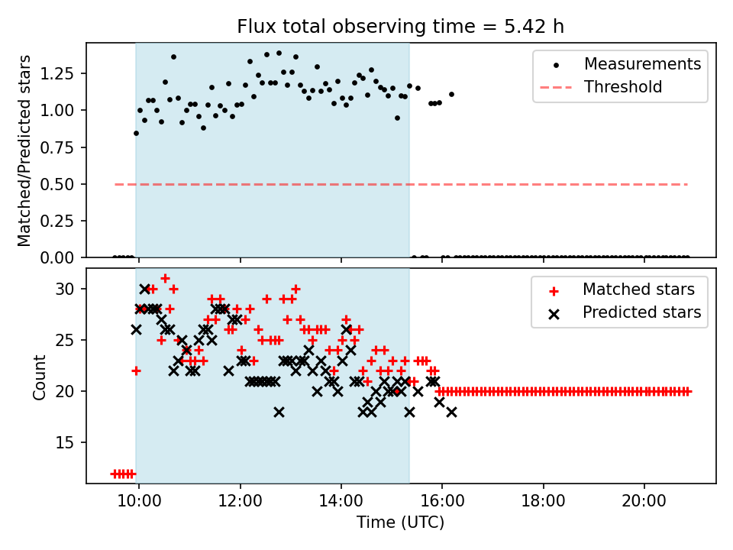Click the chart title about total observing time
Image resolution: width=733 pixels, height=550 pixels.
click(x=400, y=27)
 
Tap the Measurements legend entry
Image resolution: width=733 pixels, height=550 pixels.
click(x=642, y=64)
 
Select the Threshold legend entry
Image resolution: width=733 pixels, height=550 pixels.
click(x=622, y=87)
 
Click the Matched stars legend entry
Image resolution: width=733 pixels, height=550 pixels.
click(x=638, y=290)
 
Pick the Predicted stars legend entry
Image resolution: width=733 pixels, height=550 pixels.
click(x=641, y=312)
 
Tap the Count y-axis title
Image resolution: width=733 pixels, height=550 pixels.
click(x=40, y=377)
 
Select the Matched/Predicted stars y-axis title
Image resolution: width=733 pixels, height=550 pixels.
click(x=24, y=150)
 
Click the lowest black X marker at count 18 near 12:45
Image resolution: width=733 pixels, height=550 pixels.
click(x=279, y=412)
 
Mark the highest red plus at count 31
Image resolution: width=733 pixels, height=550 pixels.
click(x=165, y=278)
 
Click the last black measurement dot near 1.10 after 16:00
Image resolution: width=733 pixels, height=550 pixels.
click(x=451, y=95)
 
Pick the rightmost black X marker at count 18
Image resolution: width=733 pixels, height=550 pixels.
click(x=451, y=412)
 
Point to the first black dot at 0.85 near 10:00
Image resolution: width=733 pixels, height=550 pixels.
click(x=136, y=133)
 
